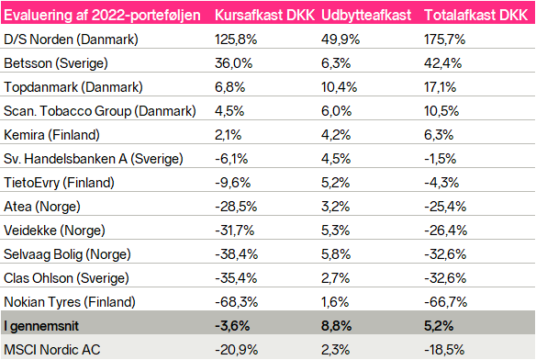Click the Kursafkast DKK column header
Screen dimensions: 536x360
click(x=264, y=15)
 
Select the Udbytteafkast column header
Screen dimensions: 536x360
click(x=366, y=16)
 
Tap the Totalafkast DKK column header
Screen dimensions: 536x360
click(x=475, y=15)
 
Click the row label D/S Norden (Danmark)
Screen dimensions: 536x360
click(x=71, y=39)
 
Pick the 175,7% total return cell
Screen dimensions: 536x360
click(x=444, y=39)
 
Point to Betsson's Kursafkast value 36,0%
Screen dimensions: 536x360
click(x=233, y=63)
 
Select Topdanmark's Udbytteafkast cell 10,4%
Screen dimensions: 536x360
click(x=339, y=87)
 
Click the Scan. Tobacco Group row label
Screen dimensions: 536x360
click(x=100, y=111)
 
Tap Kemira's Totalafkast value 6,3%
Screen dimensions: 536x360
click(x=439, y=135)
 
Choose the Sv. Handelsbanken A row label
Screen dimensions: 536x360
click(x=94, y=159)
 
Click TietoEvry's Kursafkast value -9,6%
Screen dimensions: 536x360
click(x=233, y=183)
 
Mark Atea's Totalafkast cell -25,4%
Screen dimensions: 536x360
click(x=445, y=207)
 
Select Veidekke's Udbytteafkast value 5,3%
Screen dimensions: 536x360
click(x=336, y=231)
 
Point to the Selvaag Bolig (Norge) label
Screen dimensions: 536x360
click(x=67, y=254)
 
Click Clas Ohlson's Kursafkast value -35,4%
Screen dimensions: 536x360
click(x=236, y=278)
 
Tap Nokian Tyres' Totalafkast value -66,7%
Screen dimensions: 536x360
click(x=445, y=302)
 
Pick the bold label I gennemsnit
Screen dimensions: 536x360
click(x=41, y=326)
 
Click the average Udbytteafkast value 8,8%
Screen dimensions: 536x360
click(x=336, y=326)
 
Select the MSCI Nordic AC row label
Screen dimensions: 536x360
click(x=52, y=350)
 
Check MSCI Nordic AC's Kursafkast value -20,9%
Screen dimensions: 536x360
click(x=236, y=350)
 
